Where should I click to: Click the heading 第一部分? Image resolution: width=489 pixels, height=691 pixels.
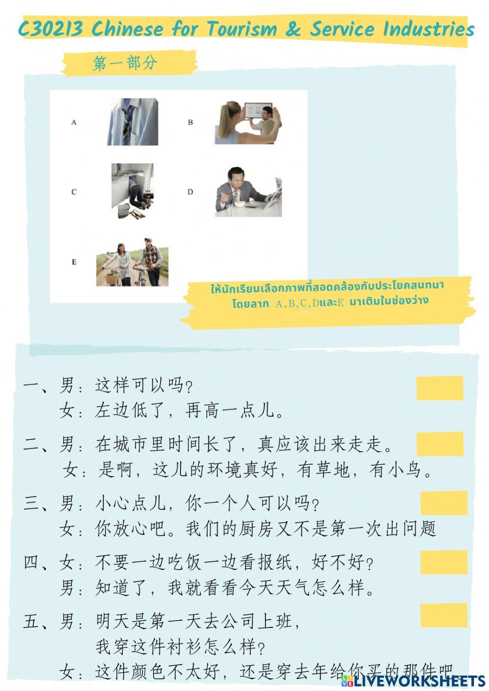click(x=126, y=63)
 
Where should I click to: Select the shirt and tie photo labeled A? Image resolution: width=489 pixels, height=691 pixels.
click(x=133, y=122)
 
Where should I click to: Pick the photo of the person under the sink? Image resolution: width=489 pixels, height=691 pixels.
click(x=133, y=191)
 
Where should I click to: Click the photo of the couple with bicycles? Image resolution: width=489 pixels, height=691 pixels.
click(x=133, y=262)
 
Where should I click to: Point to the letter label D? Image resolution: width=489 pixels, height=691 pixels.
click(x=190, y=192)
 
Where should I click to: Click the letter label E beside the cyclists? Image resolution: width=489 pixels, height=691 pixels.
click(x=74, y=262)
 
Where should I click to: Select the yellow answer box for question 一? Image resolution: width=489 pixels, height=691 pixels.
click(x=440, y=388)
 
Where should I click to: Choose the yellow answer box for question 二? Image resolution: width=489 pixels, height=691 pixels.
click(x=440, y=444)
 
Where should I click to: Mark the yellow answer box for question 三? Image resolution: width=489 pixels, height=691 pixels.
click(x=444, y=503)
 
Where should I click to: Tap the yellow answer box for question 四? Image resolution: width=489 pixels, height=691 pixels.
click(x=444, y=562)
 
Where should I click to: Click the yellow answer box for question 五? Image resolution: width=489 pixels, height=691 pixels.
click(x=444, y=615)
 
